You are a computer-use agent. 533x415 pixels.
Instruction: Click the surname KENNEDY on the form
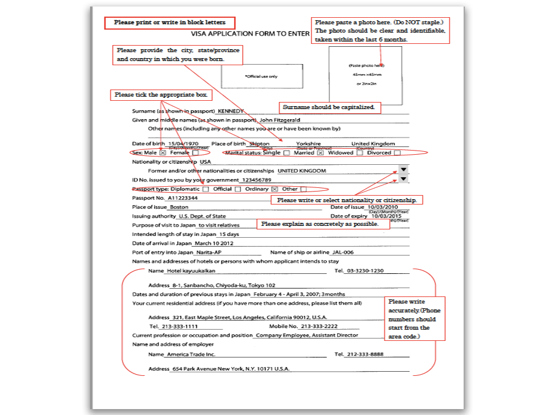pyautogui.click(x=230, y=111)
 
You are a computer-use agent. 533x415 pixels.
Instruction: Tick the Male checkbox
pyautogui.click(x=162, y=153)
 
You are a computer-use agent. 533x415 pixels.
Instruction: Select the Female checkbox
pyautogui.click(x=195, y=153)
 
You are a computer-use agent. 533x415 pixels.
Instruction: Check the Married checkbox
pyautogui.click(x=320, y=153)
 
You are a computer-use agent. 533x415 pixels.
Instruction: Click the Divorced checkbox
pyautogui.click(x=397, y=153)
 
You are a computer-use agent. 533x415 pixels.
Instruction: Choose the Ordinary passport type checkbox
pyautogui.click(x=274, y=189)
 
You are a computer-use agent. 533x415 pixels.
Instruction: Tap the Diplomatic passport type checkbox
pyautogui.click(x=206, y=189)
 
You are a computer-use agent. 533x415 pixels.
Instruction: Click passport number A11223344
pyautogui.click(x=182, y=198)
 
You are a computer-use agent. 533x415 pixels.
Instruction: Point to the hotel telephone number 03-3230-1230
pyautogui.click(x=365, y=271)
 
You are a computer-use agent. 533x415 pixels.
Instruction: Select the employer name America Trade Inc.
pyautogui.click(x=191, y=355)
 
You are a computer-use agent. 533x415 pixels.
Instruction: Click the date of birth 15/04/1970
pyautogui.click(x=183, y=143)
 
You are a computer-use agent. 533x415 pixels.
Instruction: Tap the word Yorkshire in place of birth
pyautogui.click(x=309, y=143)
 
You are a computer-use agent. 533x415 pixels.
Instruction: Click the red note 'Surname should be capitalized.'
pyautogui.click(x=329, y=107)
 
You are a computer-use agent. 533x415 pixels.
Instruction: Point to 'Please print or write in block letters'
pyautogui.click(x=169, y=23)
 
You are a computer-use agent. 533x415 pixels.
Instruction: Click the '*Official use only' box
pyautogui.click(x=261, y=76)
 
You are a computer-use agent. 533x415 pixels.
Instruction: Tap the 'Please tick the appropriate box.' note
pyautogui.click(x=161, y=95)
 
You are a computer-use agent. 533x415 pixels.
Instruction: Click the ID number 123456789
pyautogui.click(x=256, y=180)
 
